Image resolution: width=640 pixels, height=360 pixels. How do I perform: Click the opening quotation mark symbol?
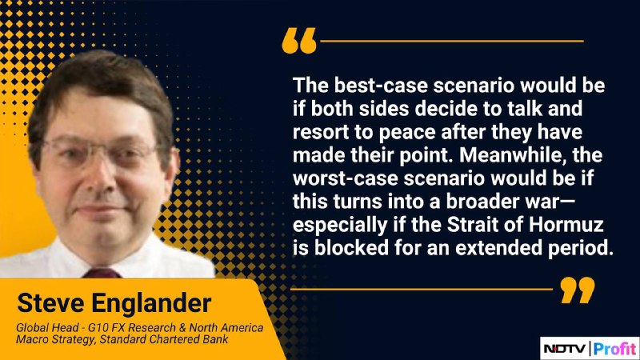299,41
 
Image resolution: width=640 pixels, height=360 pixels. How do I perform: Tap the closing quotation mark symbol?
578,290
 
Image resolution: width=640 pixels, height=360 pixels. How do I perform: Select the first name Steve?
50,303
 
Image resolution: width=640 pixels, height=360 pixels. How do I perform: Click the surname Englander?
151,304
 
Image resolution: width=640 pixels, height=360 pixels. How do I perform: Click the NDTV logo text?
566,349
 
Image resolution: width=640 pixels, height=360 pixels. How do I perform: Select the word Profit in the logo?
615,349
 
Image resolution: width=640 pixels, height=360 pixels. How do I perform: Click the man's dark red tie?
102,273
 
